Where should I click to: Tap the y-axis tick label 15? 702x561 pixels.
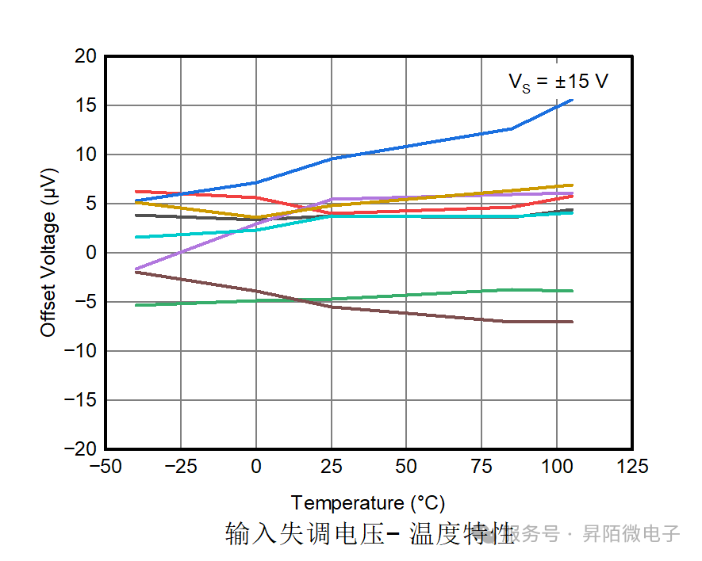pyautogui.click(x=86, y=105)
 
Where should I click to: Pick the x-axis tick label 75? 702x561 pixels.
pyautogui.click(x=481, y=467)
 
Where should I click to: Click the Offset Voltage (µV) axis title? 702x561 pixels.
pyautogui.click(x=49, y=253)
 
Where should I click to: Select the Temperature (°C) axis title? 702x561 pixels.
pyautogui.click(x=367, y=503)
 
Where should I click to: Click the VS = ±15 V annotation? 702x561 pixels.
pyautogui.click(x=558, y=82)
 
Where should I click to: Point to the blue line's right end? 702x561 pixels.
pyautogui.click(x=572, y=100)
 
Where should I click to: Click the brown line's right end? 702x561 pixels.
pyautogui.click(x=572, y=322)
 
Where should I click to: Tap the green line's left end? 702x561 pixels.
pyautogui.click(x=136, y=305)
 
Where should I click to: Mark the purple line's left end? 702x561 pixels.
pyautogui.click(x=136, y=269)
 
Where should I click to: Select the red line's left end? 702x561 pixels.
pyautogui.click(x=136, y=192)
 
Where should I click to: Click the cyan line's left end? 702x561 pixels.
pyautogui.click(x=136, y=237)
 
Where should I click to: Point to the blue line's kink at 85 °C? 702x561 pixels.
pyautogui.click(x=512, y=128)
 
